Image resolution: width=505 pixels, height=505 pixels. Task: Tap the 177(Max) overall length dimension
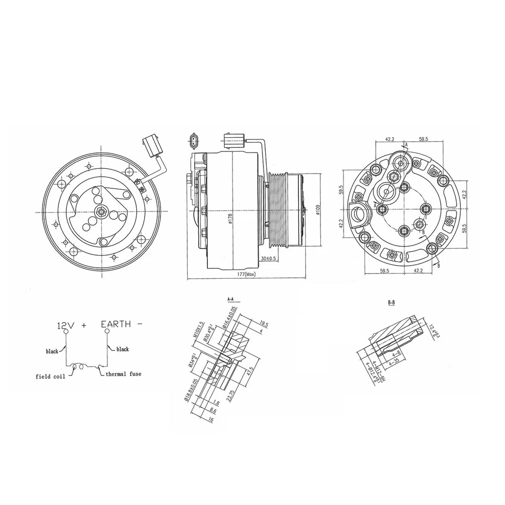(247, 274)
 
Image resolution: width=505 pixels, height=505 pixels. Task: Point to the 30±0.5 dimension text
(269, 258)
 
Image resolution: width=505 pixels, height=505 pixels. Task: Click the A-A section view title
(230, 299)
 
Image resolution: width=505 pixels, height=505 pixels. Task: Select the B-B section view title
(391, 304)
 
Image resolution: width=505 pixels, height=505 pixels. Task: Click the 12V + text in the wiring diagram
(71, 325)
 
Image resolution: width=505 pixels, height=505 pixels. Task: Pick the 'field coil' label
(50, 377)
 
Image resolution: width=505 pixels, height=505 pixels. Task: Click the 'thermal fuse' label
(123, 374)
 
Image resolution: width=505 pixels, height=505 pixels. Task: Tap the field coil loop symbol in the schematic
(82, 369)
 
